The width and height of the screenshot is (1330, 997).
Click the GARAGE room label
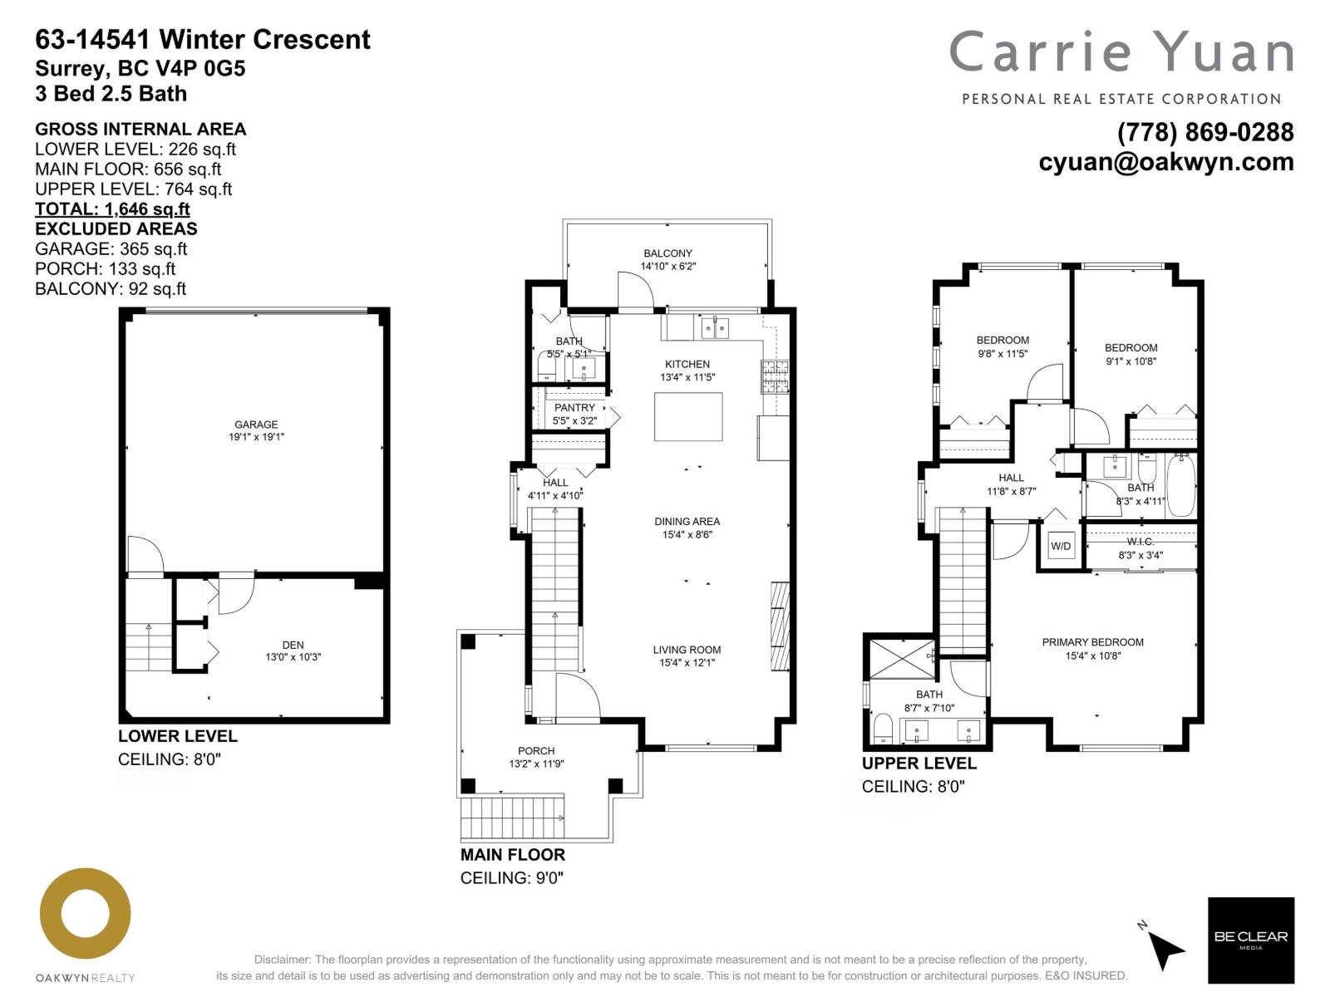point(256,424)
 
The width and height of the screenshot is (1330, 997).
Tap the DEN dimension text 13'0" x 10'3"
point(293,657)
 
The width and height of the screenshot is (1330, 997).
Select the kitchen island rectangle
point(687,416)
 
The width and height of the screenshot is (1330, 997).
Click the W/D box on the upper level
point(1062,546)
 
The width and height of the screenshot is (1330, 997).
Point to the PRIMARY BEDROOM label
point(1092,642)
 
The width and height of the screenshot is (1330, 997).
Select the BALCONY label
point(667,253)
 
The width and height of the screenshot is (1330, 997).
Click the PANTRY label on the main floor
point(574,408)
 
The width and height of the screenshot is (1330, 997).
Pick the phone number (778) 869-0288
point(1205,133)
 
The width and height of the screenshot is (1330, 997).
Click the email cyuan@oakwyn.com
point(1165,161)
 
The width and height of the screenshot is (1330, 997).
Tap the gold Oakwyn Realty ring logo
point(86,913)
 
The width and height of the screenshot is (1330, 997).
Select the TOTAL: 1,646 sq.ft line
point(112,209)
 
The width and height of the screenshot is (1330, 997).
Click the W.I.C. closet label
point(1140,542)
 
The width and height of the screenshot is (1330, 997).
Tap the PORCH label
point(536,750)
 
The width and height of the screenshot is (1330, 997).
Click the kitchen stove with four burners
point(775,376)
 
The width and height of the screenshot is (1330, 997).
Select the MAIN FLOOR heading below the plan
point(513,855)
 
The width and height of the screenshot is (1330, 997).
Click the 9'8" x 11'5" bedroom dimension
point(1002,353)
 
